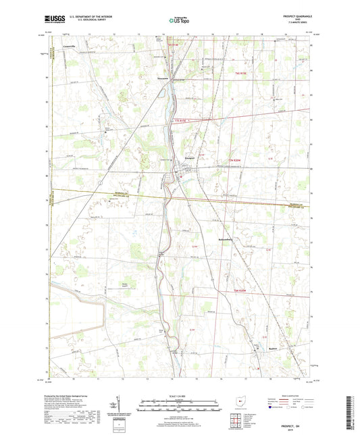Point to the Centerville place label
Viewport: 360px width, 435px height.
click(x=70, y=46)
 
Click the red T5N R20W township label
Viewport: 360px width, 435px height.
click(x=232, y=160)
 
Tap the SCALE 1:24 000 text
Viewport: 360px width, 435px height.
click(x=179, y=396)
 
